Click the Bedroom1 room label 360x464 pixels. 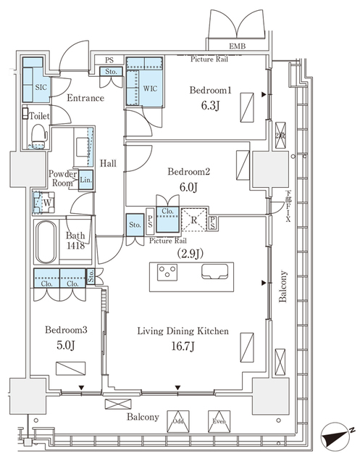point(212,91)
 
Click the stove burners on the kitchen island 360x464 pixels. point(168,273)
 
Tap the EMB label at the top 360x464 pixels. point(237,47)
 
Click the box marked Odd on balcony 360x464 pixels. point(177,419)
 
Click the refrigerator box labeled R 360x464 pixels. point(194,217)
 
